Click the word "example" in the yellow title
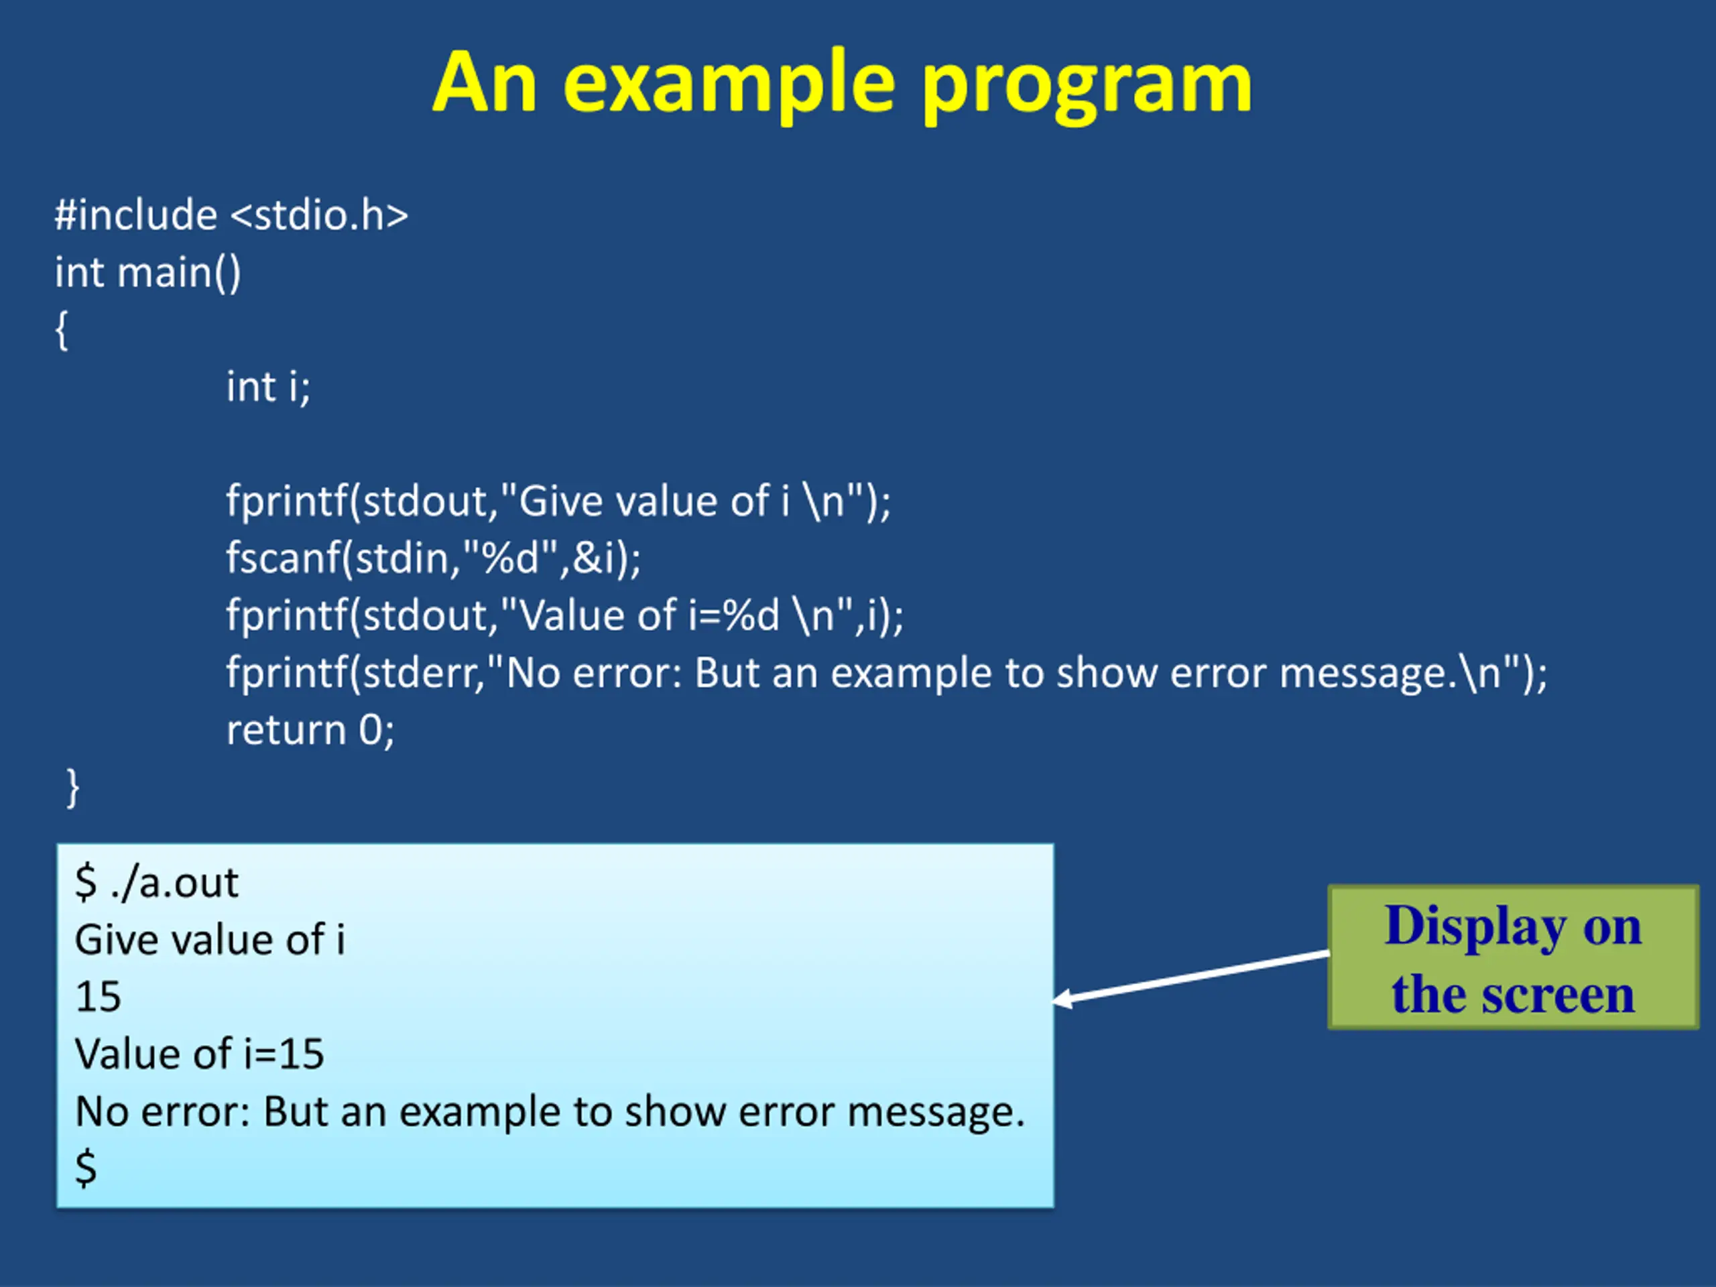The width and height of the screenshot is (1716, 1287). click(729, 84)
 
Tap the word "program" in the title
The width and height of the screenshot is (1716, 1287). click(1086, 84)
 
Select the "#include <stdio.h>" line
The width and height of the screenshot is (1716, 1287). click(231, 215)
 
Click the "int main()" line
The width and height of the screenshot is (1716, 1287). click(147, 273)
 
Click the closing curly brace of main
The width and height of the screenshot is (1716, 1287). click(73, 788)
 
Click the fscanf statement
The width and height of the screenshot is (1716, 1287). click(434, 558)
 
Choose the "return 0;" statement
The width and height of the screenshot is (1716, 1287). click(310, 731)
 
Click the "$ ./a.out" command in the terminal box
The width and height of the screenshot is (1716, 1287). click(157, 883)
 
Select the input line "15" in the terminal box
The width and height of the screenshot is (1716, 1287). click(99, 997)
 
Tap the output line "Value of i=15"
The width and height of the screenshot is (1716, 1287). click(199, 1054)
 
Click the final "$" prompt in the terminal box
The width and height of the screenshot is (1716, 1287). click(86, 1168)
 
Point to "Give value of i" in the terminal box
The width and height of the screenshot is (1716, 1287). click(209, 940)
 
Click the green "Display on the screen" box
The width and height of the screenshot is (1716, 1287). click(1513, 957)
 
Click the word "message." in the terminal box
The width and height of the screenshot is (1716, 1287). click(936, 1113)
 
